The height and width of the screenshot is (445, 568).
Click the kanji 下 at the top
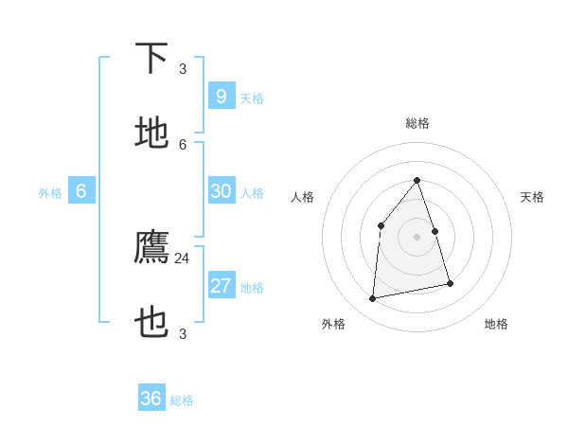tap(152, 58)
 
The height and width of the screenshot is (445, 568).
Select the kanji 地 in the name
tap(152, 133)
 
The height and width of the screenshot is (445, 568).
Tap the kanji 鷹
tap(152, 248)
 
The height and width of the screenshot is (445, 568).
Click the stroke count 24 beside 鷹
tap(182, 258)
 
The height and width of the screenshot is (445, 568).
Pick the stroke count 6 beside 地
tap(183, 144)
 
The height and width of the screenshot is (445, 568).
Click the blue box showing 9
tap(221, 97)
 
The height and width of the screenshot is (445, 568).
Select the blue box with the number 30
tap(221, 191)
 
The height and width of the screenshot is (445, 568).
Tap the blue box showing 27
tap(221, 286)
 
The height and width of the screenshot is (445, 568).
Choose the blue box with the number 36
tap(151, 399)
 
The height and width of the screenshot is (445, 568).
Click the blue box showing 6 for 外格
tap(81, 191)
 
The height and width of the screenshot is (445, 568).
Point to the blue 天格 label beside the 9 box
tap(252, 98)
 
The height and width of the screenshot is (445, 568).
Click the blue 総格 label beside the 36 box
tap(182, 400)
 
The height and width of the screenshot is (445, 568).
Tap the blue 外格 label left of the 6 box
tap(50, 193)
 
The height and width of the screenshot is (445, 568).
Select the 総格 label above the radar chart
tap(417, 123)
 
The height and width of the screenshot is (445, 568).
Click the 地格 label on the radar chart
tap(496, 324)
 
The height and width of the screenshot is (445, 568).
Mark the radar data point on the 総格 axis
tap(417, 180)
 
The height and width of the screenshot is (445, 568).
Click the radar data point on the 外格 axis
tap(373, 298)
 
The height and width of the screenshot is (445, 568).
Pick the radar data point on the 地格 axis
tap(450, 283)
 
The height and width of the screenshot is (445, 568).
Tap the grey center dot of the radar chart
tap(417, 237)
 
